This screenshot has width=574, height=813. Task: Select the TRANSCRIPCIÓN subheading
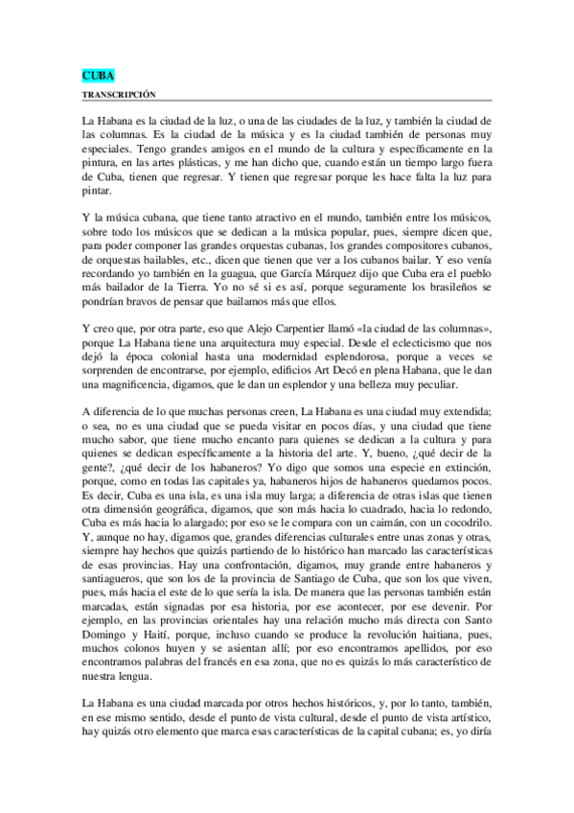point(120,94)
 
